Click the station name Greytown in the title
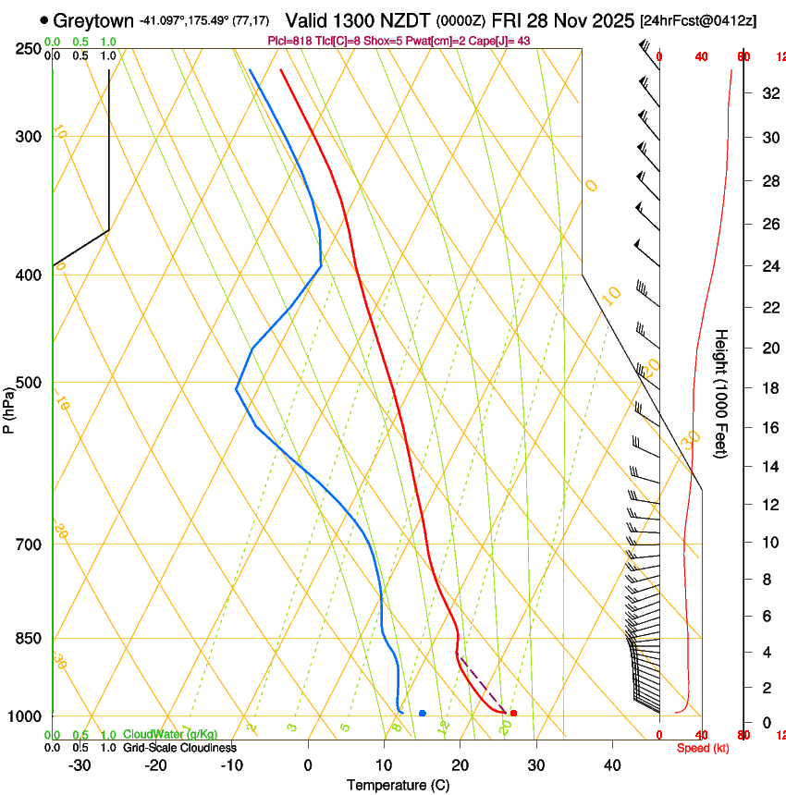pyautogui.click(x=93, y=20)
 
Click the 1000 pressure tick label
pyautogui.click(x=27, y=716)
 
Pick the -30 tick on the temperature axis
pyautogui.click(x=80, y=764)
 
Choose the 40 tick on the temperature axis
pyautogui.click(x=611, y=764)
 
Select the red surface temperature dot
pyautogui.click(x=513, y=713)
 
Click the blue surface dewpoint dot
pyautogui.click(x=422, y=713)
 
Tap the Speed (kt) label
pyautogui.click(x=703, y=748)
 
